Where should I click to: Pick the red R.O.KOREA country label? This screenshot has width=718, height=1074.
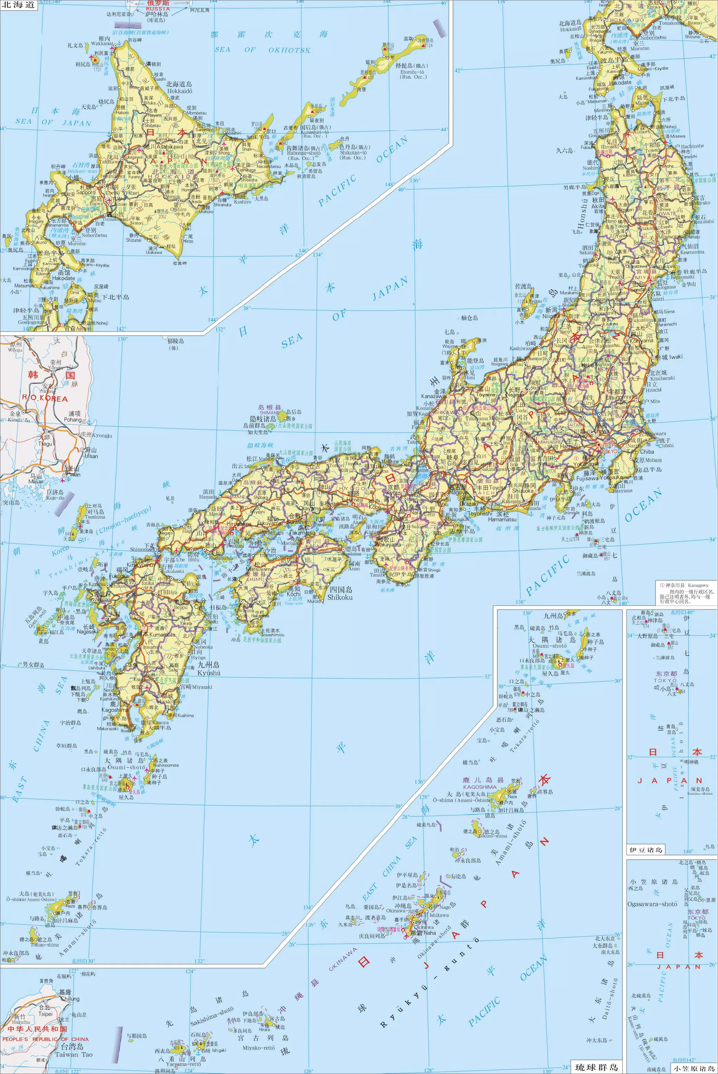45,399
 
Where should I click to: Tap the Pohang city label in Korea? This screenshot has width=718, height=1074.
72,419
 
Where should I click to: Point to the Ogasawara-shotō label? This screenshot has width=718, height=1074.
652,904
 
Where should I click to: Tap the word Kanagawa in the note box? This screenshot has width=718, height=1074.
698,585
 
